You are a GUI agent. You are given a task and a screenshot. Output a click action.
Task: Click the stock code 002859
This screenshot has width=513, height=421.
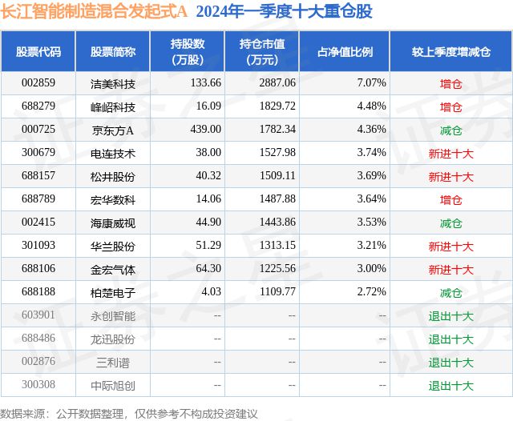[38, 82]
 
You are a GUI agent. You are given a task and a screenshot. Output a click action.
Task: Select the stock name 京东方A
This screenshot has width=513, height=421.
[113, 130]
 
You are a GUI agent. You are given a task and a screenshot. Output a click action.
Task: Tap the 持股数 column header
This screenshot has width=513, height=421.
[189, 52]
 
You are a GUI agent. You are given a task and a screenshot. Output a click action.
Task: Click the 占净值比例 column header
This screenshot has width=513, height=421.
[350, 52]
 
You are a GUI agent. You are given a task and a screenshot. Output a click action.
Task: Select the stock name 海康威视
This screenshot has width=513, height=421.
[113, 223]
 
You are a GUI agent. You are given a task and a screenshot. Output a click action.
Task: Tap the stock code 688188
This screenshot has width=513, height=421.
[38, 292]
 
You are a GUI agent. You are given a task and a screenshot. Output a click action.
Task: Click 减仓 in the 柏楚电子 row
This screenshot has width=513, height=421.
[450, 292]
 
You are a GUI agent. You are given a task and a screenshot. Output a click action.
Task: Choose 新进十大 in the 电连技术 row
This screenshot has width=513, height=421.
[450, 153]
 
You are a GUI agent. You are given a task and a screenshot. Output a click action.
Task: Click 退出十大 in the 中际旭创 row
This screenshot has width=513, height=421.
[450, 385]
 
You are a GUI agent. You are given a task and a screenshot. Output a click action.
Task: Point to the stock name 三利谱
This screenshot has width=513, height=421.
[113, 362]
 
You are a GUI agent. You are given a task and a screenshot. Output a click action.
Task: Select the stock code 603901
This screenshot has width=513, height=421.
[38, 315]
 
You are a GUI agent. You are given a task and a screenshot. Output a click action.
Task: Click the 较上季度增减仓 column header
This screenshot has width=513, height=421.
[450, 52]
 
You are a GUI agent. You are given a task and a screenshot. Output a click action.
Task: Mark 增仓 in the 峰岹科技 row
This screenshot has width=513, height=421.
[450, 106]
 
